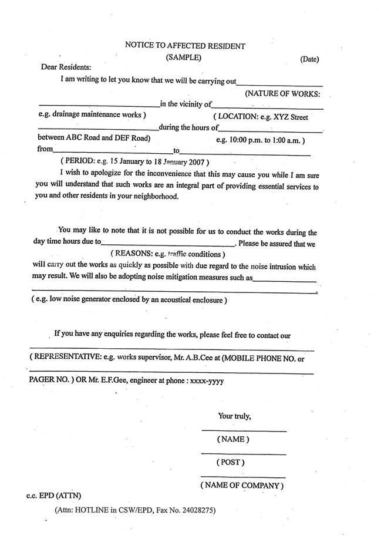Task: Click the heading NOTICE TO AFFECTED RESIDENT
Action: coord(185,45)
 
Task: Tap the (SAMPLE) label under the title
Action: coord(184,57)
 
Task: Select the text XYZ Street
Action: coord(291,117)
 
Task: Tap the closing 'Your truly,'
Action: coord(234,416)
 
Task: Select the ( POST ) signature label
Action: coord(230,462)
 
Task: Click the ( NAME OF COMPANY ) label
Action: coord(242,486)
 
